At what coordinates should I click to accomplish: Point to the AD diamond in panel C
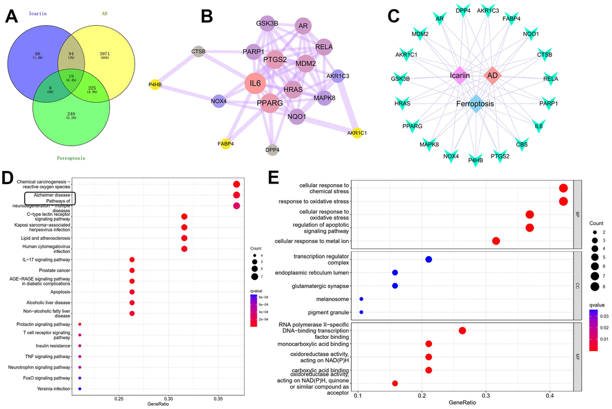[x=491, y=76]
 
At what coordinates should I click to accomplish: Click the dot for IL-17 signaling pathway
[x=132, y=260]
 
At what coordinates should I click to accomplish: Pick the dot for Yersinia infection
[x=80, y=389]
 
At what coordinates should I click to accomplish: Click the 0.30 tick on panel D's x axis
[x=169, y=398]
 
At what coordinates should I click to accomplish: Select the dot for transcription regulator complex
[x=428, y=259]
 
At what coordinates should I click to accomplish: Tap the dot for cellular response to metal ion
[x=496, y=240]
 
